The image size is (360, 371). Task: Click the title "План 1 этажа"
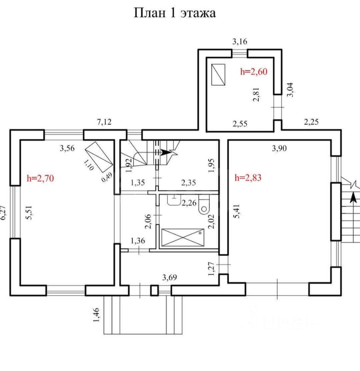coord(175,13)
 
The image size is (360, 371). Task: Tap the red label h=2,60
coord(254,71)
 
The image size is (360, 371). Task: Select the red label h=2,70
coord(41,179)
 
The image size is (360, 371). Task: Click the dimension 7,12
coord(104,123)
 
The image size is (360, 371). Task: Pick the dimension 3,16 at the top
coord(239,41)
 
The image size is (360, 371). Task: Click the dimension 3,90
coord(280,148)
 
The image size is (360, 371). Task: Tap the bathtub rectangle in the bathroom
coord(182,237)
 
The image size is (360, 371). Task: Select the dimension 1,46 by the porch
coord(97,314)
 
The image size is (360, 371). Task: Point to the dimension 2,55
coord(240,124)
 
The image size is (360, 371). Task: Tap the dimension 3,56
coord(67,148)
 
